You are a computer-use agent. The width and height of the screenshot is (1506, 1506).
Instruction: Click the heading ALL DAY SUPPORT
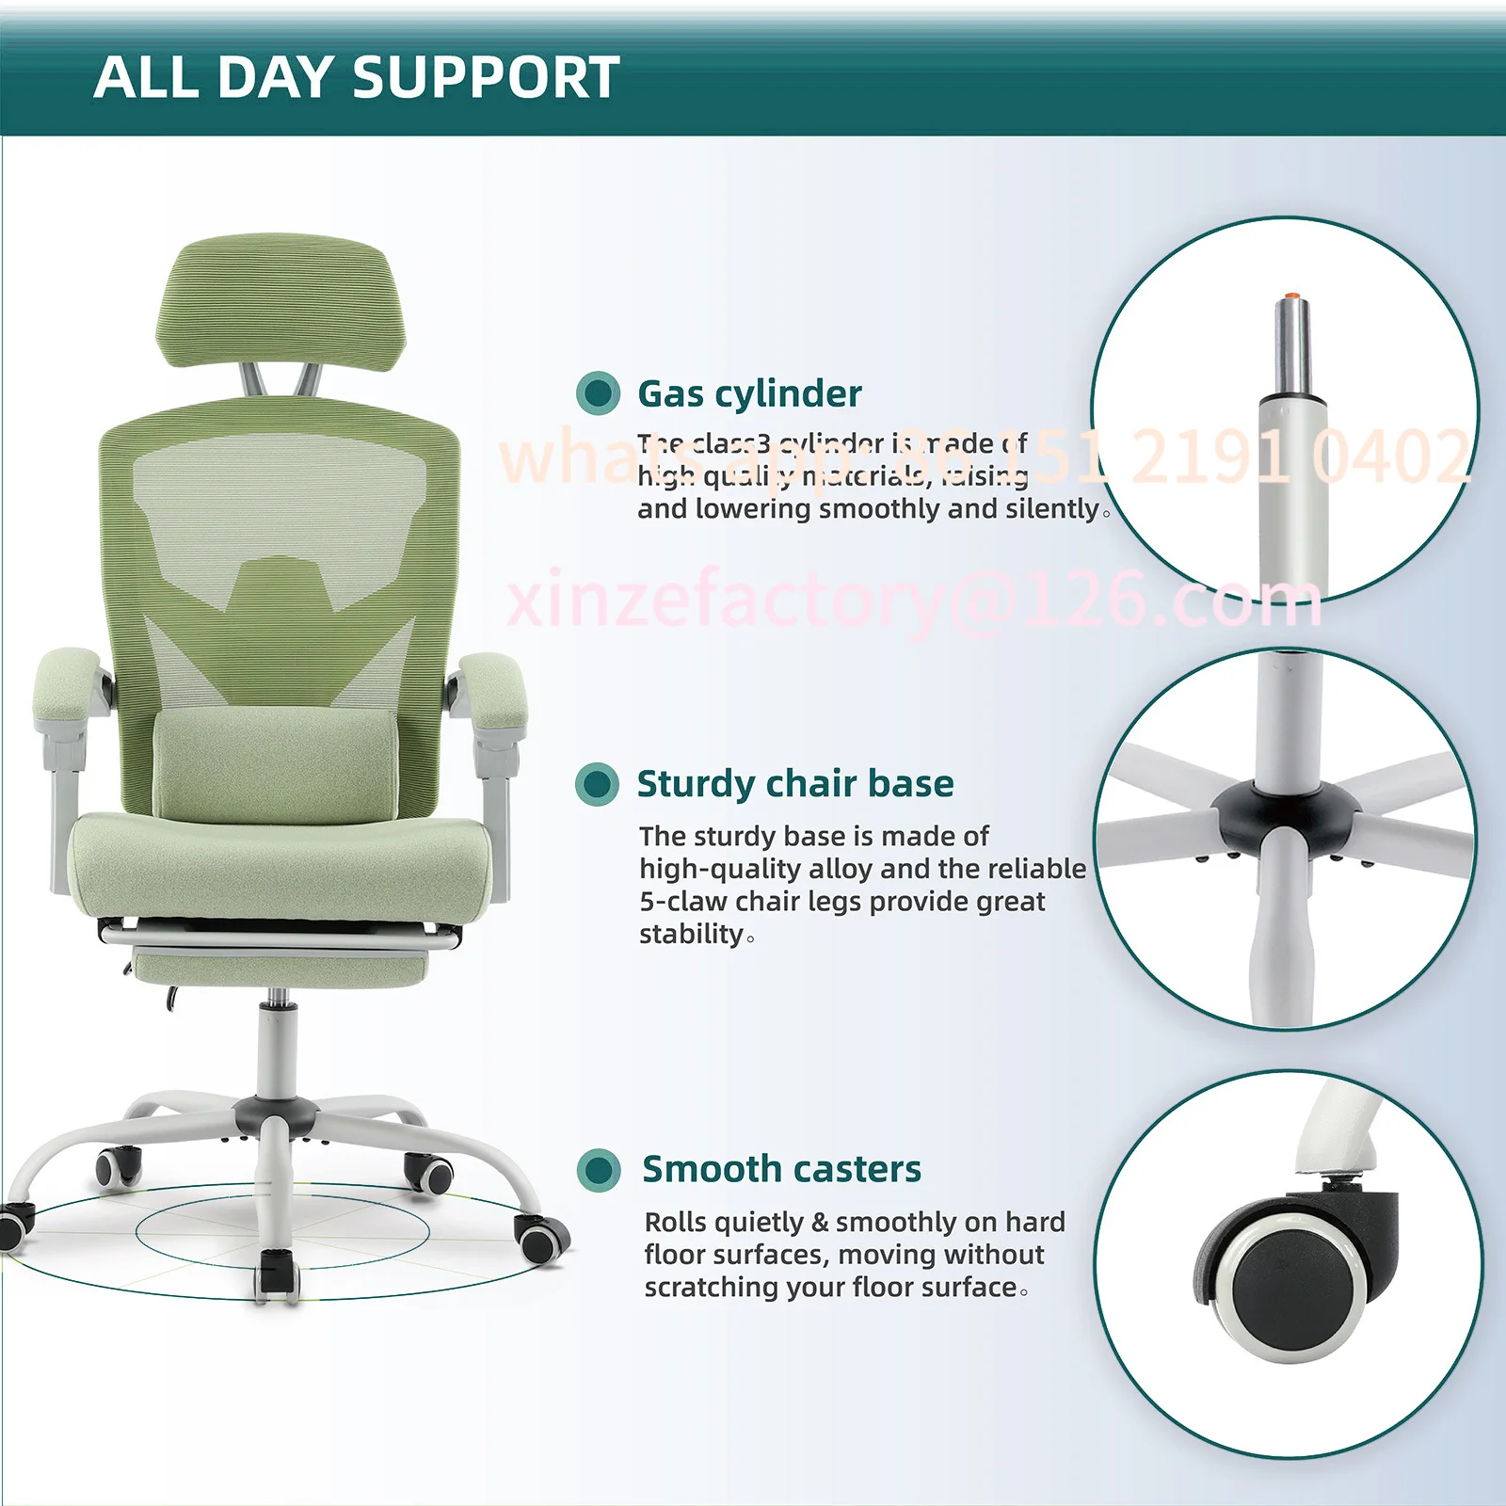[357, 77]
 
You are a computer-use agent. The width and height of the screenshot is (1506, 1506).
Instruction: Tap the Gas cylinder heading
[749, 393]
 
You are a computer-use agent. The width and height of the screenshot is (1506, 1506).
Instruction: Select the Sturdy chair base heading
[795, 783]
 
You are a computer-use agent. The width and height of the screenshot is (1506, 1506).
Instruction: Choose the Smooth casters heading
[781, 1169]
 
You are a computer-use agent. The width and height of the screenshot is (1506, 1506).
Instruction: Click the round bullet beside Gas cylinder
[598, 393]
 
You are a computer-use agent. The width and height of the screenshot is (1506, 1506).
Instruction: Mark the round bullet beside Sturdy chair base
[597, 783]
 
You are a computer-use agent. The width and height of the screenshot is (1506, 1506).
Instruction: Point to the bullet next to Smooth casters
[599, 1170]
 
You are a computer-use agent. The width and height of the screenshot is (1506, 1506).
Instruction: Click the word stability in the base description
[692, 934]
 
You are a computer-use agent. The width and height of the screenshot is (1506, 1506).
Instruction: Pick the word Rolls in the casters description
[675, 1222]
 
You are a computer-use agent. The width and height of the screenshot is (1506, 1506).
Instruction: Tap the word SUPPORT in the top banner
[487, 77]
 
